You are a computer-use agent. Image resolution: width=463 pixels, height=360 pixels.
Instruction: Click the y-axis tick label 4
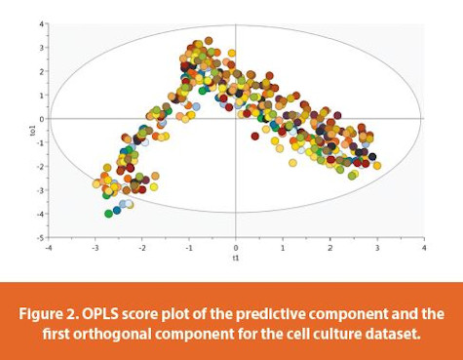pyautogui.click(x=40, y=24)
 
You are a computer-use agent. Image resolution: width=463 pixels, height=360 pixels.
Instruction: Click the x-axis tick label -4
pyautogui.click(x=48, y=247)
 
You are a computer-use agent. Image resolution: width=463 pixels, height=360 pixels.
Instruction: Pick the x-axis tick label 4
pyautogui.click(x=423, y=247)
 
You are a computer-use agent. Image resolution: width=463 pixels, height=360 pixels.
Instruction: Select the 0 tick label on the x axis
pyautogui.click(x=236, y=247)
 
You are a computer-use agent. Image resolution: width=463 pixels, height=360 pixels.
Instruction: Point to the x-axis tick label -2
pyautogui.click(x=141, y=247)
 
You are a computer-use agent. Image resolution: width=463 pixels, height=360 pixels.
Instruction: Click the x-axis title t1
pyautogui.click(x=236, y=259)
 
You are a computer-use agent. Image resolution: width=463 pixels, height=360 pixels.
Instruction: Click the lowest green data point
pyautogui.click(x=108, y=213)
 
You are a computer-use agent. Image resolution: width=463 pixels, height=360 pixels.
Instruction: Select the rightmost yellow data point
pyautogui.click(x=377, y=166)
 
